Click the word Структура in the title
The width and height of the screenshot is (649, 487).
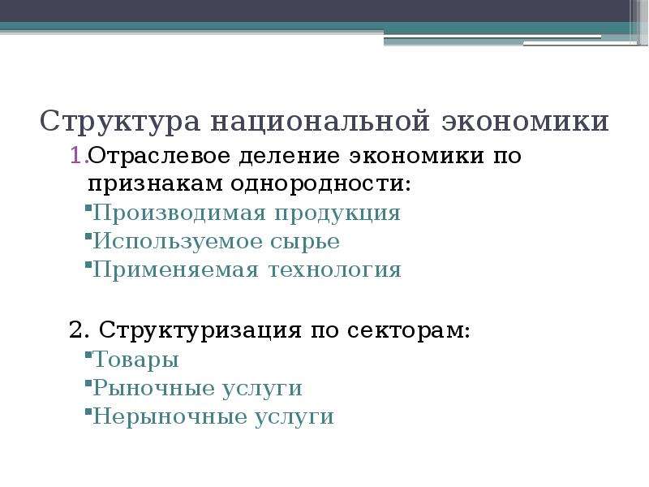tap(120, 122)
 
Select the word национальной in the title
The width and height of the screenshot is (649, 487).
tap(320, 121)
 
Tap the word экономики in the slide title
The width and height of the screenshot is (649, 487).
tap(525, 121)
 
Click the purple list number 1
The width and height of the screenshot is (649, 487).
tap(78, 156)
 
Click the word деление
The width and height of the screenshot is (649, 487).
tap(290, 157)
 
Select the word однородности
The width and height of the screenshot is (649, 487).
tap(321, 184)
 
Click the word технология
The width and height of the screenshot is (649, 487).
tap(335, 270)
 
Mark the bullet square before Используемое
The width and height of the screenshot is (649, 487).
tap(88, 236)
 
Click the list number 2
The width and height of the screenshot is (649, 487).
tap(79, 330)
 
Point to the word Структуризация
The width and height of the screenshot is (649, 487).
tap(200, 330)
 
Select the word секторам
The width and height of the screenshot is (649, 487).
tap(409, 331)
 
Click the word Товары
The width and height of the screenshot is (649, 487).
tap(135, 360)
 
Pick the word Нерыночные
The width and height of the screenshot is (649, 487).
tap(169, 416)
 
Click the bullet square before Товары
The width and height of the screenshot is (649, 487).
tap(88, 355)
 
